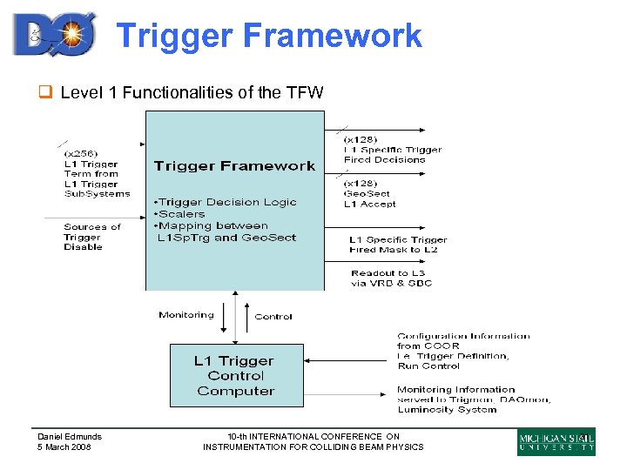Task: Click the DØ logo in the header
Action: tap(54, 35)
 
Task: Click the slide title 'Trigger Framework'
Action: tap(268, 36)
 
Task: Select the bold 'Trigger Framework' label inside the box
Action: tap(234, 165)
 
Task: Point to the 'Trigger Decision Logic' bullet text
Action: tap(225, 202)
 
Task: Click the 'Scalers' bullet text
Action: tap(180, 213)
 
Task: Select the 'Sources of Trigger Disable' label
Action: tap(91, 237)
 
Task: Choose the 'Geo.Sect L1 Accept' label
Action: tap(369, 198)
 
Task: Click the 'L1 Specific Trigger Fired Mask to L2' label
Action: tap(398, 245)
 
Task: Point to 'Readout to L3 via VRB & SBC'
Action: tap(391, 278)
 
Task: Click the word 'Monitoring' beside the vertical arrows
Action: tap(185, 315)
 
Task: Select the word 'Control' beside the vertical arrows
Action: tap(273, 317)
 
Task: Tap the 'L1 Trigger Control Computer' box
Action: tap(234, 375)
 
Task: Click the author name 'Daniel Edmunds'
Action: tap(69, 436)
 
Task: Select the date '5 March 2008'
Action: tap(64, 447)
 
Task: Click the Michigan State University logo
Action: tap(556, 441)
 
